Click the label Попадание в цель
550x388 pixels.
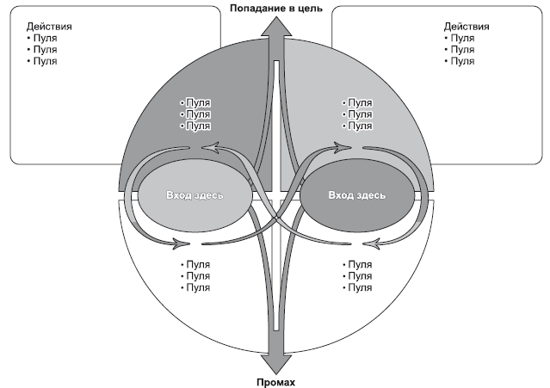pyautogui.click(x=275, y=8)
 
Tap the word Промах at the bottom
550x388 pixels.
pyautogui.click(x=275, y=381)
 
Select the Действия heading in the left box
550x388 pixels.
pyautogui.click(x=49, y=27)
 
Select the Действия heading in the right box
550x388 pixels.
pyautogui.click(x=466, y=27)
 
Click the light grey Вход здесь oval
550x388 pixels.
pyautogui.click(x=195, y=195)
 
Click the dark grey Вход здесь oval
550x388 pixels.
pyautogui.click(x=356, y=195)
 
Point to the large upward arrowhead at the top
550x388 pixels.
pyautogui.click(x=275, y=27)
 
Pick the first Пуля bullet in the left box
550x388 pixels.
pyautogui.click(x=42, y=39)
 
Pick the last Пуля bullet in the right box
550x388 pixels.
pyautogui.click(x=461, y=61)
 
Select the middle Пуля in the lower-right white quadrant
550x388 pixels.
pyautogui.click(x=357, y=276)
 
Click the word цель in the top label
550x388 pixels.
pyautogui.click(x=309, y=8)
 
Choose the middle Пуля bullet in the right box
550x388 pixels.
pyautogui.click(x=461, y=50)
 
